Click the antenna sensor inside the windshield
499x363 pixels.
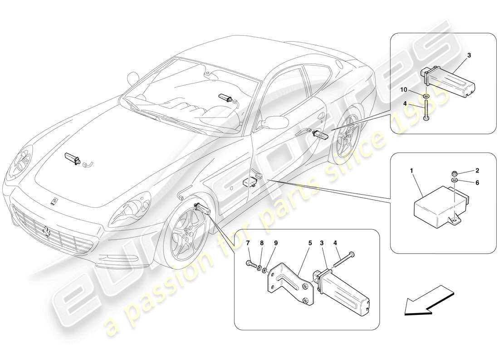point(225,97)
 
